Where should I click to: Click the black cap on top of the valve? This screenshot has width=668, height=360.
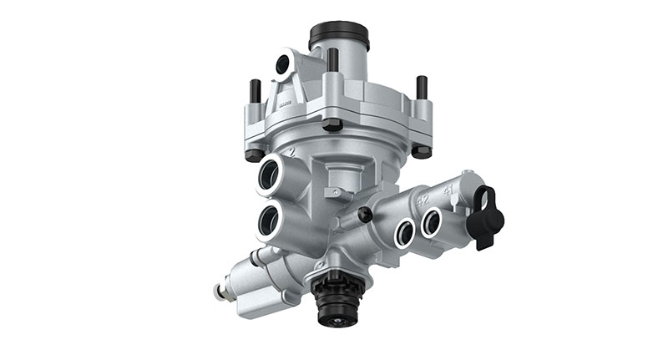click(x=339, y=35)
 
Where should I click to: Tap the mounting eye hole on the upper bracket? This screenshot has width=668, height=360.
click(x=284, y=63)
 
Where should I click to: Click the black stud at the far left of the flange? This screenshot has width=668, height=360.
click(x=255, y=90)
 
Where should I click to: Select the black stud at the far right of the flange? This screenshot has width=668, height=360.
click(x=422, y=87)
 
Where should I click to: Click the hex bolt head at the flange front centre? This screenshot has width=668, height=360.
click(x=332, y=124)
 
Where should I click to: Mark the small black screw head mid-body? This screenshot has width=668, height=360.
click(x=365, y=215)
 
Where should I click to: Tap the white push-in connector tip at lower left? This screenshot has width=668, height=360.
click(x=220, y=292)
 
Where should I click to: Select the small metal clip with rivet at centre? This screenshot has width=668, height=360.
click(x=336, y=192)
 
